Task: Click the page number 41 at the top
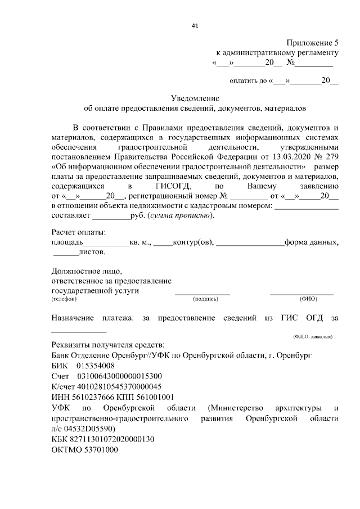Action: click(x=195, y=26)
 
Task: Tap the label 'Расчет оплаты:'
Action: click(x=79, y=232)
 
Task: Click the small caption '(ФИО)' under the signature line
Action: click(x=308, y=299)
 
